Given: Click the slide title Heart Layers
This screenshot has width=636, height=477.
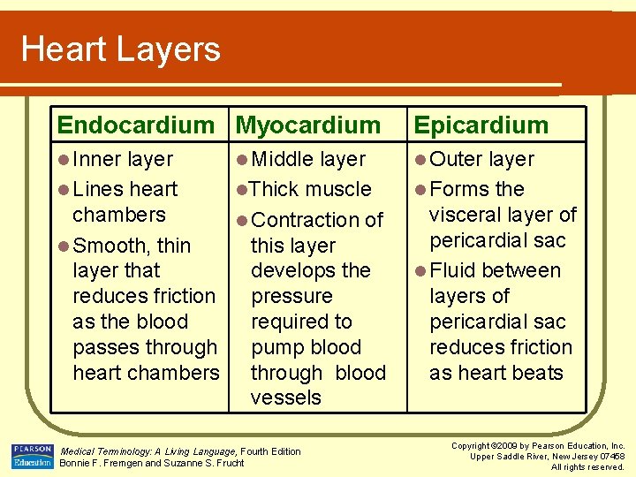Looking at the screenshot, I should [121, 49].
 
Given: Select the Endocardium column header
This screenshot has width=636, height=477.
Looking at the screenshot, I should [135, 125].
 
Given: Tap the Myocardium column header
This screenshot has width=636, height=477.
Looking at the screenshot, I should [308, 125].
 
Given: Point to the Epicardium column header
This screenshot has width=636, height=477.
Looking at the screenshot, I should [481, 125].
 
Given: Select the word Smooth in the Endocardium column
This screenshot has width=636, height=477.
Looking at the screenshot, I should [112, 246].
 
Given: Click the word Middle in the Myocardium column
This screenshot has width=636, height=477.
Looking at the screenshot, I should [283, 160].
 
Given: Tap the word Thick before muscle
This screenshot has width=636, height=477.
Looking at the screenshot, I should [275, 189].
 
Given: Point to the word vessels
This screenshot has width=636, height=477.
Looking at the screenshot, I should [286, 397].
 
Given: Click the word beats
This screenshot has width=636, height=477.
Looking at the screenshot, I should [537, 373].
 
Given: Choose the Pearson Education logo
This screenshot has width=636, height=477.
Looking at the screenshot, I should [32, 456].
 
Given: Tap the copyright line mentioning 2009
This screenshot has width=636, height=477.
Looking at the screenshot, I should [537, 446].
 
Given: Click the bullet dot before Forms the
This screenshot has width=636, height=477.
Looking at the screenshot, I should [419, 190].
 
